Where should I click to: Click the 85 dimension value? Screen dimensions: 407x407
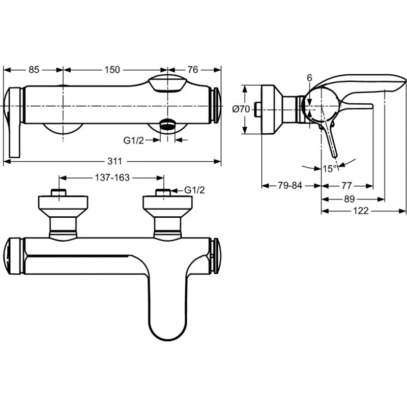click(33, 70)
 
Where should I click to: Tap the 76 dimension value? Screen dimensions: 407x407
click(192, 70)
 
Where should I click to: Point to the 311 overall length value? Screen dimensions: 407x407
click(114, 161)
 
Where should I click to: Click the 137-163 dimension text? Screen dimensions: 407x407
click(112, 178)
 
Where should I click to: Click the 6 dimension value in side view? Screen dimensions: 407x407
click(309, 77)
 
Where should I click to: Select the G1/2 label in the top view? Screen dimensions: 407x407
click(134, 140)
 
